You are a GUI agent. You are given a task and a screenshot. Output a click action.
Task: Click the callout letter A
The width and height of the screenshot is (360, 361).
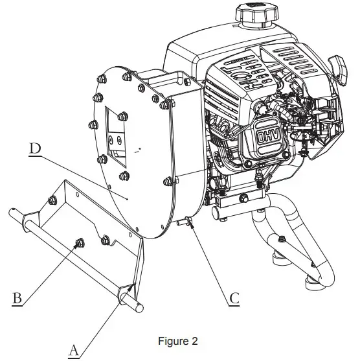(x=74, y=350)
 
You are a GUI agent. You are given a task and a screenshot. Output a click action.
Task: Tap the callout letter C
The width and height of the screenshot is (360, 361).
(x=234, y=298)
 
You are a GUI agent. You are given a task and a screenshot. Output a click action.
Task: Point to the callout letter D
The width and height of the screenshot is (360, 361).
(x=36, y=148)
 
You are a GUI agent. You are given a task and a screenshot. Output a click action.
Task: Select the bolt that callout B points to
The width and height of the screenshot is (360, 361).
(x=79, y=243)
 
